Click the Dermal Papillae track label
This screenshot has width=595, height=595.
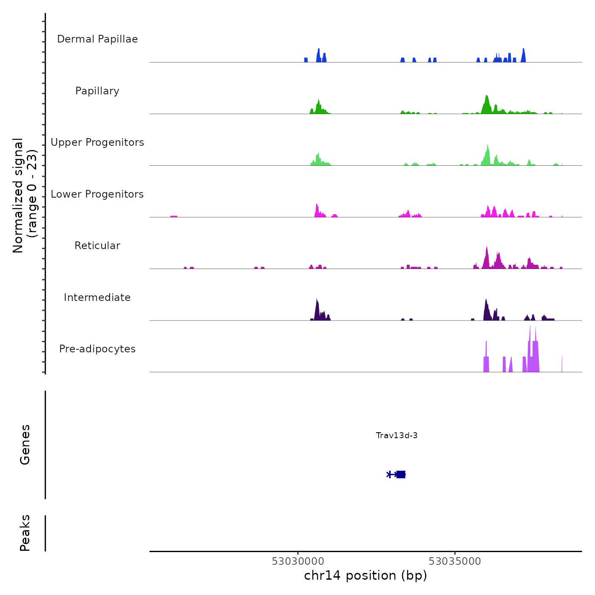(97, 39)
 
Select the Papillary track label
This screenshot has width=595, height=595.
(97, 91)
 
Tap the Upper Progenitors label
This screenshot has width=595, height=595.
(97, 142)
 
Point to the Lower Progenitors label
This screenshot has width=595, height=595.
(97, 194)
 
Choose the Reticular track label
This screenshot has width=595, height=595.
(97, 246)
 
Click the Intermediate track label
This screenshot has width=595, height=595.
(97, 297)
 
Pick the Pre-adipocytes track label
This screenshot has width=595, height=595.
(97, 349)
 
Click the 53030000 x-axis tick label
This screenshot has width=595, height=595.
(298, 561)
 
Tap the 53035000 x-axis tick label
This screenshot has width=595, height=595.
(455, 561)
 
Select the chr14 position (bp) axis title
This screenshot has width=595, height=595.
(365, 575)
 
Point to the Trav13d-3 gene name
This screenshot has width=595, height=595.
(397, 435)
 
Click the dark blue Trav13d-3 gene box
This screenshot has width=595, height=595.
(401, 474)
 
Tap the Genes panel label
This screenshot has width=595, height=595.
(25, 445)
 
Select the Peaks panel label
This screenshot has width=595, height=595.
(25, 533)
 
